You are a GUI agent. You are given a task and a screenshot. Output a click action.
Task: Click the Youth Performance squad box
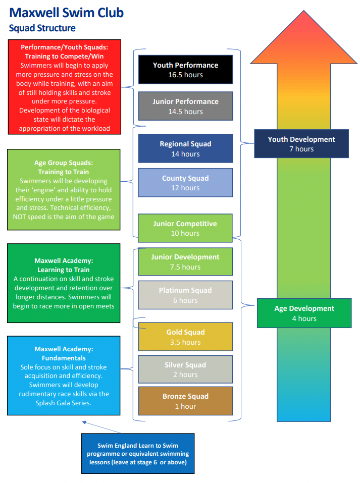click(185, 70)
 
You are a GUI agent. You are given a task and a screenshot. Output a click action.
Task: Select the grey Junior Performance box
click(185, 106)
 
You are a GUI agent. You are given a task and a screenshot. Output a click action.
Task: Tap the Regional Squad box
click(185, 148)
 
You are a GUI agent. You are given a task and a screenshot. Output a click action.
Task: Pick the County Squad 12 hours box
click(185, 183)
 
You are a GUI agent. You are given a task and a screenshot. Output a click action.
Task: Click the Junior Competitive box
click(185, 228)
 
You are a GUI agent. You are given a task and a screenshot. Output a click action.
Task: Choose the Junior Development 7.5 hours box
click(185, 261)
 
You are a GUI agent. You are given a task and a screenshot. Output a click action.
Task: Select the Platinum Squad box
click(185, 295)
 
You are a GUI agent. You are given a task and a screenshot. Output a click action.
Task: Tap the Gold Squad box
click(185, 337)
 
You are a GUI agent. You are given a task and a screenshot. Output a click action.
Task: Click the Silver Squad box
click(185, 369)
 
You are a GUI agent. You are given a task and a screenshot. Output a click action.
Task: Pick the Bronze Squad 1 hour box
click(185, 401)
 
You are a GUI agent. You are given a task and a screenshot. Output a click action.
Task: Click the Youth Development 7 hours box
click(301, 143)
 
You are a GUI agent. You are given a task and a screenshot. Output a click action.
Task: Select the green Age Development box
click(304, 313)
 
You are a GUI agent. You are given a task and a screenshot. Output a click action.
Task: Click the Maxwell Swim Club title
click(66, 13)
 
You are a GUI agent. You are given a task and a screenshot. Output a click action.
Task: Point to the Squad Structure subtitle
click(42, 28)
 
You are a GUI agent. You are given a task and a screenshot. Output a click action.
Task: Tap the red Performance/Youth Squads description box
click(64, 87)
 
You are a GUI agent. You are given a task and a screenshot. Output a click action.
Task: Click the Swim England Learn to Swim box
click(137, 453)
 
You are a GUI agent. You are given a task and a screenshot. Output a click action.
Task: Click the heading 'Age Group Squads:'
click(64, 163)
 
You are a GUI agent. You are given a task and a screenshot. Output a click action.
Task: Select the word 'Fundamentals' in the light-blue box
click(64, 358)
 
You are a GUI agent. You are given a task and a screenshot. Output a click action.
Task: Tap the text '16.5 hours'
click(185, 75)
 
